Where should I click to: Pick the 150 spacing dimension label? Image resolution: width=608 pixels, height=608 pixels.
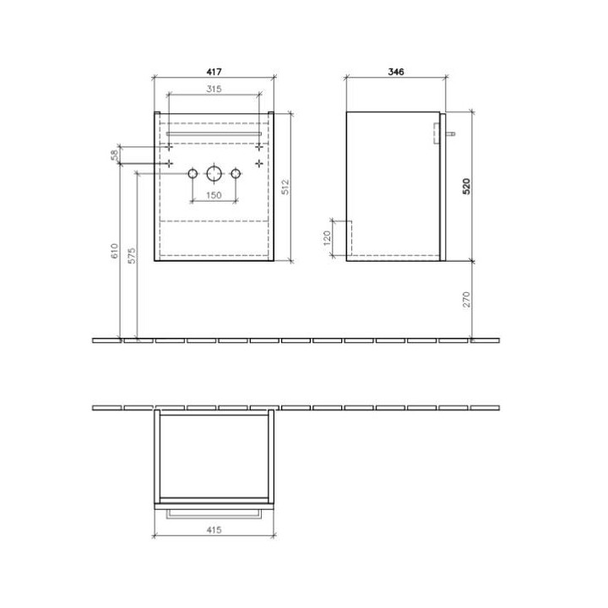coord(214,196)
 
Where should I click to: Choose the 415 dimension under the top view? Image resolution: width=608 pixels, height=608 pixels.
coord(213,529)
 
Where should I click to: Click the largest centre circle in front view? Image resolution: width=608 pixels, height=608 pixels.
coord(213,174)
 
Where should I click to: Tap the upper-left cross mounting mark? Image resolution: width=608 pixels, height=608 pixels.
coord(171,147)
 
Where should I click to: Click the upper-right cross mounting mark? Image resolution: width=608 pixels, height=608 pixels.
coord(258,147)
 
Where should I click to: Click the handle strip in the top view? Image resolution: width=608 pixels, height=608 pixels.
coord(213,511)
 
